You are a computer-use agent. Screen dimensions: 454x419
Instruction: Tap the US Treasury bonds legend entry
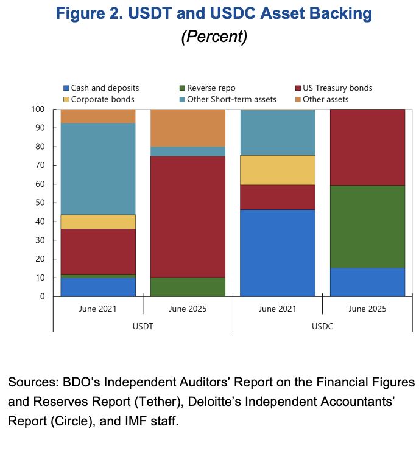pyautogui.click(x=336, y=88)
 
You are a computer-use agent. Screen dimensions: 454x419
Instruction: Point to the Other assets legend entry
pyautogui.click(x=325, y=99)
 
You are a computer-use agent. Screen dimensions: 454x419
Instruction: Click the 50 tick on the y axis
pyautogui.click(x=40, y=203)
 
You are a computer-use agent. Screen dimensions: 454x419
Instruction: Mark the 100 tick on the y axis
pyautogui.click(x=38, y=109)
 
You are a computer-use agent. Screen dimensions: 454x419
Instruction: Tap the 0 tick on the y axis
pyautogui.click(x=42, y=296)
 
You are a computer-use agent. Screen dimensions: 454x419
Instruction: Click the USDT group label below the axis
pyautogui.click(x=143, y=326)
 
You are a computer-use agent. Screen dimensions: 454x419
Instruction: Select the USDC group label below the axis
pyautogui.click(x=322, y=326)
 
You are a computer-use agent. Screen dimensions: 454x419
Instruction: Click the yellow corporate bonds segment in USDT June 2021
pyautogui.click(x=98, y=222)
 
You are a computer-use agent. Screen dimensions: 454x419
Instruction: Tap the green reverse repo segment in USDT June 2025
pyautogui.click(x=188, y=287)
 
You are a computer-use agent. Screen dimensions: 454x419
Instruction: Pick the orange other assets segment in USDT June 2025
pyautogui.click(x=188, y=128)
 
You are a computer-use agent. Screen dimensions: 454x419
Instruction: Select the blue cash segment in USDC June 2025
pyautogui.click(x=367, y=282)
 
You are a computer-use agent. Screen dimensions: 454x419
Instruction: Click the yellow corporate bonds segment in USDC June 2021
pyautogui.click(x=278, y=170)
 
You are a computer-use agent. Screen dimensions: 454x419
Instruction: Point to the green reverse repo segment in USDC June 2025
pyautogui.click(x=367, y=226)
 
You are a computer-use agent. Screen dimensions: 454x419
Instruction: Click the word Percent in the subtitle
pyautogui.click(x=214, y=36)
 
